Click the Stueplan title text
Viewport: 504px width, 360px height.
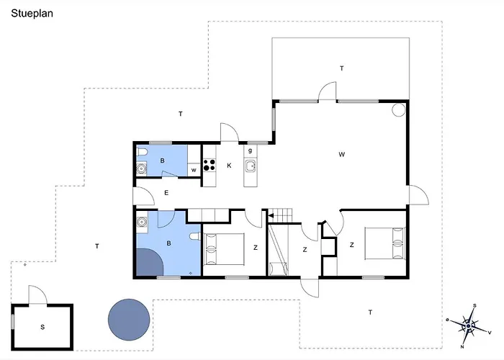tap(32, 14)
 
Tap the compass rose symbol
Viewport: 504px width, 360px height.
tap(469, 326)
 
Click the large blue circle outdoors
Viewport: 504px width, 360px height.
tap(129, 320)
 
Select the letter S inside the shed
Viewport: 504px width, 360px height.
tap(42, 327)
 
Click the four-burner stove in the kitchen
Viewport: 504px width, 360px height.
tap(209, 165)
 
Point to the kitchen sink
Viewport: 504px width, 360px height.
tap(250, 166)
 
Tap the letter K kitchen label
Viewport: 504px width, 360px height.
tap(229, 166)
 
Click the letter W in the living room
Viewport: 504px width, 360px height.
tap(342, 155)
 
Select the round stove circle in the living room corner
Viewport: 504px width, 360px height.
tap(399, 110)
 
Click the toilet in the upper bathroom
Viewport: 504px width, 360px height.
tap(142, 152)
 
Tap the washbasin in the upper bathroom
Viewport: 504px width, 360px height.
tap(141, 168)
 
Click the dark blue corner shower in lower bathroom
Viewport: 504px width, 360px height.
tap(150, 262)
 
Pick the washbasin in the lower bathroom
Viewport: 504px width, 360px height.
tap(142, 222)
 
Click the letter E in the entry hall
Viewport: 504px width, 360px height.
tap(166, 193)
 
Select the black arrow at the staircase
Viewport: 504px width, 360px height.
tap(271, 216)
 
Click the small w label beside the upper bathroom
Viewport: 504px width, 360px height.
tap(194, 171)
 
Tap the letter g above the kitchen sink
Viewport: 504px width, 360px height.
tap(250, 150)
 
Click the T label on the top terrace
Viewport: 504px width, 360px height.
tap(342, 68)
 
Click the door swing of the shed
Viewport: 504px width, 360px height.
tap(38, 294)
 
